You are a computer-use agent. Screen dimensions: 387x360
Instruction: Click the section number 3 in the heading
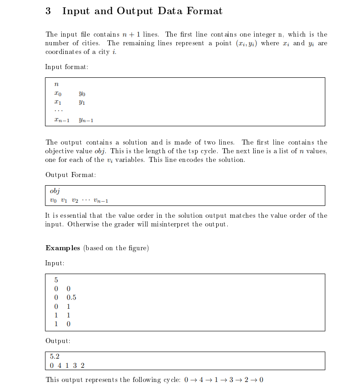[48, 11]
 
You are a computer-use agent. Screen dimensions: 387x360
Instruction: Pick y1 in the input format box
[82, 103]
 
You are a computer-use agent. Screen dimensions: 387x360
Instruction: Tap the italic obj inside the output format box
[55, 191]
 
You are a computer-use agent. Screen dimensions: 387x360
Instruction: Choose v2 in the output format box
[75, 200]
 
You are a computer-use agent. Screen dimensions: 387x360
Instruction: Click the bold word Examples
[63, 248]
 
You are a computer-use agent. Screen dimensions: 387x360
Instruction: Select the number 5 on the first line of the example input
[56, 280]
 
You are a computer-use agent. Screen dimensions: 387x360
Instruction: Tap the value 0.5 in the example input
[71, 297]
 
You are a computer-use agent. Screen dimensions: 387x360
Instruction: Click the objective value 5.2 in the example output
[55, 357]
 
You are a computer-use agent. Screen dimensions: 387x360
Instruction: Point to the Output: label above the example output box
[58, 341]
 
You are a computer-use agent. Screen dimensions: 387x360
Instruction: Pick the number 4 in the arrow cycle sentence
[200, 380]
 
